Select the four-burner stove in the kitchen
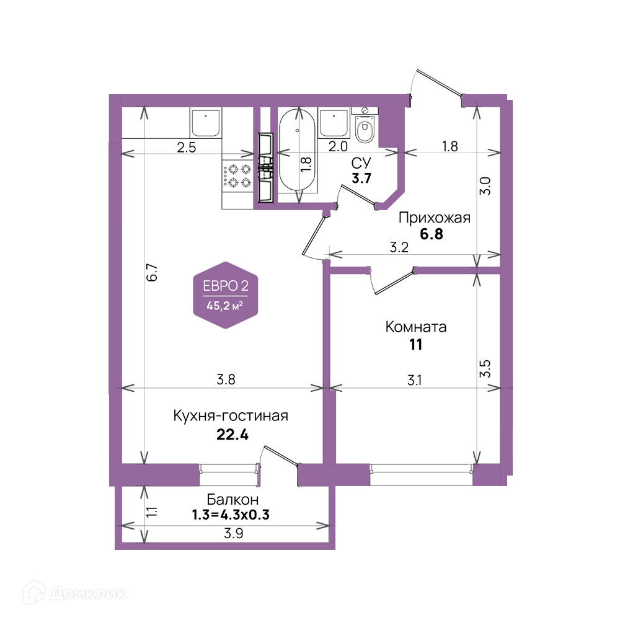[237, 176]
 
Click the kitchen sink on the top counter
[206, 123]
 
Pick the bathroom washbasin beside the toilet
[334, 123]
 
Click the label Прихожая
[434, 218]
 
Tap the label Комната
[415, 327]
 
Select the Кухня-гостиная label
[231, 416]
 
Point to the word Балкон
[232, 500]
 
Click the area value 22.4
[232, 435]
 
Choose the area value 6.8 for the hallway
[432, 234]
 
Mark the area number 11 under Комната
[415, 345]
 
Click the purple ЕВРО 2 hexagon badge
[226, 295]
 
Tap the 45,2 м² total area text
[224, 306]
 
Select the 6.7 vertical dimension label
[153, 272]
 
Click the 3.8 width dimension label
[226, 379]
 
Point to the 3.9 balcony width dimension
[233, 533]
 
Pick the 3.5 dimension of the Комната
[485, 368]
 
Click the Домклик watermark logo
[75, 593]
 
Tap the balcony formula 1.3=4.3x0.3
[231, 515]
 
